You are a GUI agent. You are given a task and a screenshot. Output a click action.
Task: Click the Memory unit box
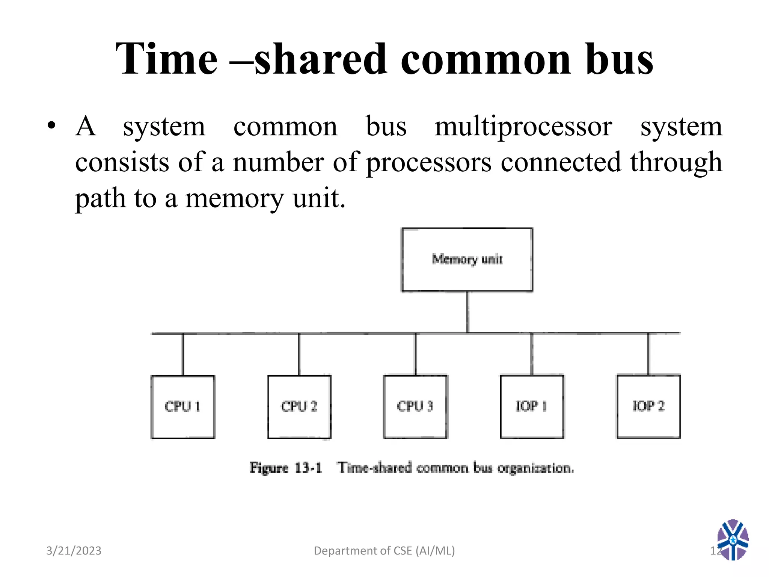click(467, 260)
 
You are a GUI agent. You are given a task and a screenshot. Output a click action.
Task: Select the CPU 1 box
click(183, 407)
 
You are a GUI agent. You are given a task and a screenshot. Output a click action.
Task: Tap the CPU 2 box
click(299, 407)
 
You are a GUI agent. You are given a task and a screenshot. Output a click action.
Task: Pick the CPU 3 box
click(415, 407)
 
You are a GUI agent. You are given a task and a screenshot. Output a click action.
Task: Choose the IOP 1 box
click(532, 407)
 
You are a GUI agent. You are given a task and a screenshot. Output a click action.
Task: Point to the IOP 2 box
click(648, 407)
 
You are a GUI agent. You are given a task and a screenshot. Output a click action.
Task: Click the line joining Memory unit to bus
click(467, 312)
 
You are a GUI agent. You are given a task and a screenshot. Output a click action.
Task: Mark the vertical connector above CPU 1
click(183, 354)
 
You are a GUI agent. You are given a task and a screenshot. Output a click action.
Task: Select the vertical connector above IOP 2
click(648, 354)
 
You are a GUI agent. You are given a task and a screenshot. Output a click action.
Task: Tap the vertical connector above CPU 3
click(415, 354)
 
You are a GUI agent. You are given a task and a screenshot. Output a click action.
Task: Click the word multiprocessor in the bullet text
click(523, 127)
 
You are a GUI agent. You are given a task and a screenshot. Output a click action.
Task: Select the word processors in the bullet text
click(428, 162)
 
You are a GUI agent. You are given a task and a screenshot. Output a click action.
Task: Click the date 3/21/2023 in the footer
click(74, 551)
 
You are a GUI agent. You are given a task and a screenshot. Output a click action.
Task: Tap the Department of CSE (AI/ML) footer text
click(384, 551)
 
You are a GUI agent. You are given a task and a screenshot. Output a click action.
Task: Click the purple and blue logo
click(733, 539)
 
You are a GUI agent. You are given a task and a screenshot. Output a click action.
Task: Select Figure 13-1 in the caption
click(286, 468)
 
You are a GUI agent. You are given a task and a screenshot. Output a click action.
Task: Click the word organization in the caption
click(535, 468)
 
